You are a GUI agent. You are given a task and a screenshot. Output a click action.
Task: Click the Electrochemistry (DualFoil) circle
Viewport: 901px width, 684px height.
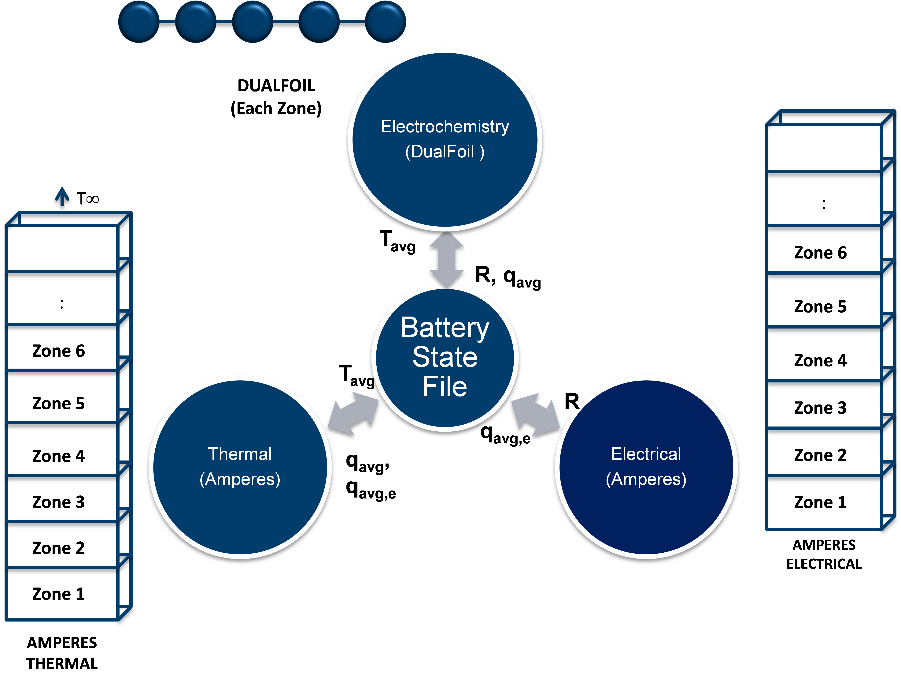click(x=445, y=139)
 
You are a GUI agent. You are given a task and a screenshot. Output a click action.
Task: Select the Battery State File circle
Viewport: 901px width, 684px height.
click(x=445, y=358)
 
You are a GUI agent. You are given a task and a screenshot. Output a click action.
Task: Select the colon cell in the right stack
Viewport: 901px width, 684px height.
click(x=824, y=204)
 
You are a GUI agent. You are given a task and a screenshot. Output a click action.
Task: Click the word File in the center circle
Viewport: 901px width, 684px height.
click(x=445, y=386)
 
